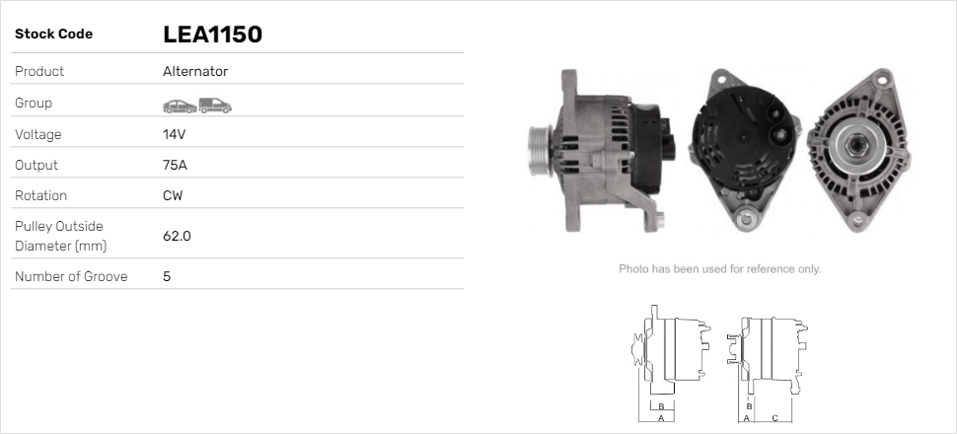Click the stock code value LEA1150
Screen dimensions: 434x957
[x=212, y=35]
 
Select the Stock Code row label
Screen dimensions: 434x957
[x=53, y=35]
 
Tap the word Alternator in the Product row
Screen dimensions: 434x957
[x=195, y=72]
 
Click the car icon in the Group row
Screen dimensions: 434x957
[x=179, y=105]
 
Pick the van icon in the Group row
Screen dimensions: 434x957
[x=214, y=105]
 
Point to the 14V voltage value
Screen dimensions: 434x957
[x=175, y=134]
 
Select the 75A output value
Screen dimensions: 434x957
[x=175, y=165]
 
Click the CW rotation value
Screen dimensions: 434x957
[x=173, y=195]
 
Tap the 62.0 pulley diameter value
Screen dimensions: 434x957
[x=177, y=236]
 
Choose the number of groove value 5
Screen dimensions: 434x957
[x=167, y=276]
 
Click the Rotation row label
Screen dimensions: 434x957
[x=42, y=195]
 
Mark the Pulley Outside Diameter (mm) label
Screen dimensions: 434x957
[x=59, y=236]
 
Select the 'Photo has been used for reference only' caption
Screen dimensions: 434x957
[x=719, y=268]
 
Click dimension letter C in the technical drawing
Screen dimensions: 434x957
[x=774, y=418]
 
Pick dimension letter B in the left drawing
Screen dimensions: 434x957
[x=660, y=406]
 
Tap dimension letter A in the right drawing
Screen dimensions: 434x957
[x=746, y=418]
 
